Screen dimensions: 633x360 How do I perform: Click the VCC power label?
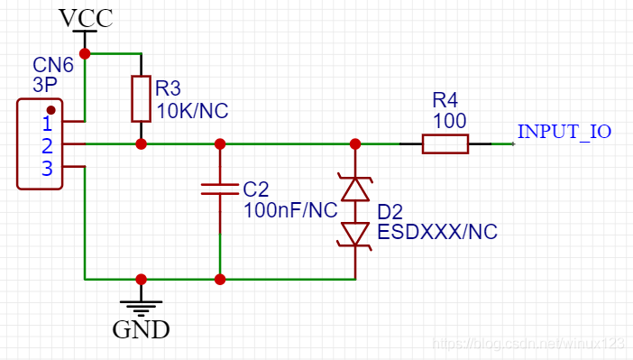[x=86, y=18]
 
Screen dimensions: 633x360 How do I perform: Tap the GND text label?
[x=141, y=329]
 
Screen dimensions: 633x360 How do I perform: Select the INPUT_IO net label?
[x=564, y=132]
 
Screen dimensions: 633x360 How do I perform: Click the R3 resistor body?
[x=141, y=98]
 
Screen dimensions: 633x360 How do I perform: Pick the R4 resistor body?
[x=445, y=143]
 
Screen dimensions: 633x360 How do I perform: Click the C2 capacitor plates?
[x=220, y=189]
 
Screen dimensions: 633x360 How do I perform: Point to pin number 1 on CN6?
[x=47, y=124]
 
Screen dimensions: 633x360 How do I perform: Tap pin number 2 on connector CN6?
[x=47, y=146]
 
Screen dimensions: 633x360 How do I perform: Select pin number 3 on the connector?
[x=47, y=168]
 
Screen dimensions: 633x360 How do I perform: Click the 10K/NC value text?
[x=192, y=111]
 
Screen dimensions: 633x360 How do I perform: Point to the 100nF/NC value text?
[x=290, y=210]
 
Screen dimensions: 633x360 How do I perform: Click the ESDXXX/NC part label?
[x=437, y=232]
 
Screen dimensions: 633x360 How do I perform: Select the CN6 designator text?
[x=53, y=65]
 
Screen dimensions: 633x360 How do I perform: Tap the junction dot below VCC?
[x=85, y=53]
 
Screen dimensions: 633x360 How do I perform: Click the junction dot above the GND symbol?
[x=141, y=279]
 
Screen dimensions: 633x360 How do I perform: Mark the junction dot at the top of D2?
[x=355, y=143]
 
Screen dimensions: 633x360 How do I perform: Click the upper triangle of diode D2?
[x=355, y=189]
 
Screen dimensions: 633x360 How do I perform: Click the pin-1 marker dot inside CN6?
[x=50, y=110]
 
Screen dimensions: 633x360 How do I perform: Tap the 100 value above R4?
[x=450, y=121]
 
